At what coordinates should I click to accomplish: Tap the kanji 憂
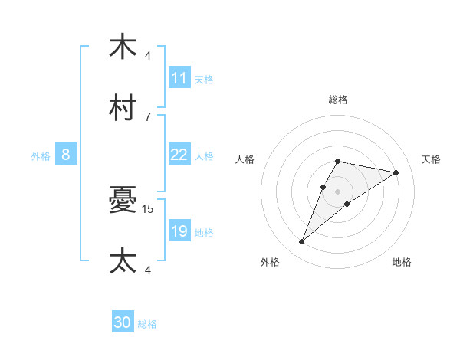click(x=123, y=201)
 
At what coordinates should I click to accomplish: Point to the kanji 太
click(x=123, y=260)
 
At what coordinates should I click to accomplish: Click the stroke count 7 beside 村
click(x=148, y=116)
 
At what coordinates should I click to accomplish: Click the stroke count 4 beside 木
click(x=148, y=55)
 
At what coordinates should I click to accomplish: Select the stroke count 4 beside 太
click(x=148, y=270)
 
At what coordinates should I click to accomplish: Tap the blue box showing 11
click(x=179, y=78)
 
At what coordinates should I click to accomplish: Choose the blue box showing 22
click(x=179, y=155)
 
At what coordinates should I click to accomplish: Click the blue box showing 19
click(x=179, y=231)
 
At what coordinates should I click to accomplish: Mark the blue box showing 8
click(x=66, y=155)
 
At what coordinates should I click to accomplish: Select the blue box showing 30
click(x=123, y=323)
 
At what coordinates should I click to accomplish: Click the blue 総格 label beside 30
click(x=147, y=324)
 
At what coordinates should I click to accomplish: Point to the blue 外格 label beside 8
click(x=41, y=155)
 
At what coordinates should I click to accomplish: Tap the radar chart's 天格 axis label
click(x=431, y=159)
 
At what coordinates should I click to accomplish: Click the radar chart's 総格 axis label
click(x=337, y=100)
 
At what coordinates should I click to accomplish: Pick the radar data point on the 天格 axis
click(x=396, y=172)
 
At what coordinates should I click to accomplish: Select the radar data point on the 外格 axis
click(x=301, y=242)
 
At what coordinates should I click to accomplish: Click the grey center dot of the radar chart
click(x=337, y=191)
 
